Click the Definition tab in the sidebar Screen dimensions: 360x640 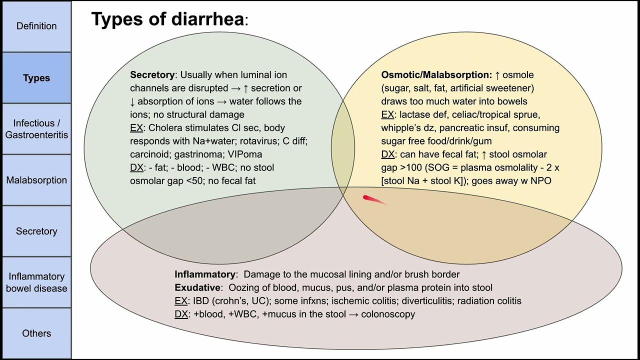[36, 26]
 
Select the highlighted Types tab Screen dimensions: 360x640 [36, 78]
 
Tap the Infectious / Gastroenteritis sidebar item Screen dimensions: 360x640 [36, 129]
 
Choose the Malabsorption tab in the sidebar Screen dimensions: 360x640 [36, 180]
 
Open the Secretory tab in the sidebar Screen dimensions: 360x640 [36, 231]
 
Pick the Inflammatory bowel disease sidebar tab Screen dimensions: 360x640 [36, 282]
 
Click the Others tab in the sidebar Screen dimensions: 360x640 [36, 333]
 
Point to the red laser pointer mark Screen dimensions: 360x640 [373, 200]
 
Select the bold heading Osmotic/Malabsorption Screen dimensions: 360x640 [436, 75]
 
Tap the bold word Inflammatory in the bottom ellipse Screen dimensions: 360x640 [204, 274]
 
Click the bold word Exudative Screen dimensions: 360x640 [197, 287]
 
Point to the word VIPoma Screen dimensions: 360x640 [245, 154]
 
